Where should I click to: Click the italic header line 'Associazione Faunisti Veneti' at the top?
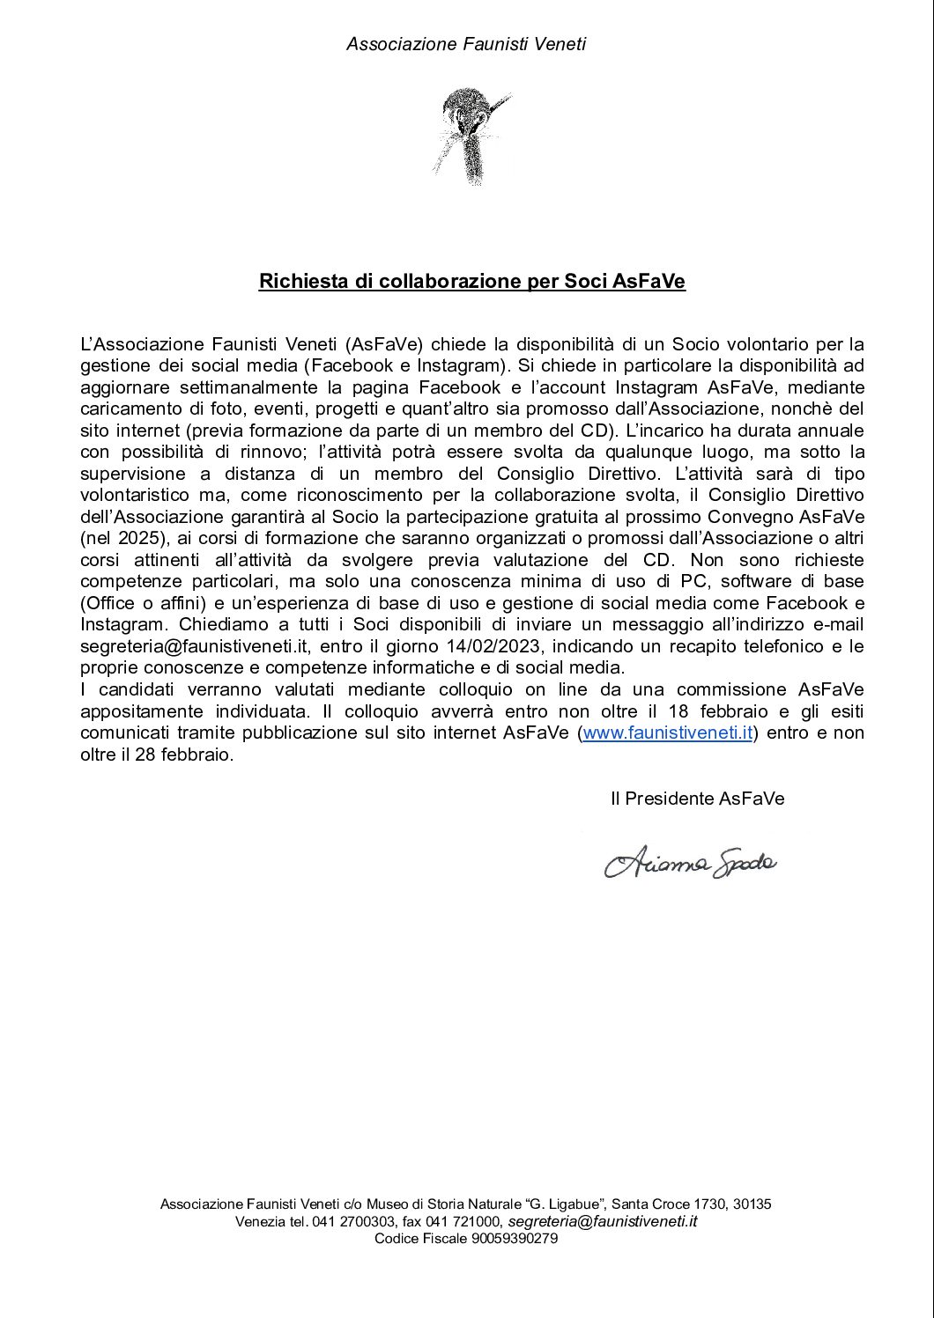coord(466,44)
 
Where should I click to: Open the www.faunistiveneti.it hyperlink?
coord(668,733)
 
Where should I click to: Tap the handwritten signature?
coord(690,863)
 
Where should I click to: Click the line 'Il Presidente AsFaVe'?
coord(697,799)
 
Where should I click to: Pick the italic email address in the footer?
coord(603,1221)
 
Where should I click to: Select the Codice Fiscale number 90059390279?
coord(515,1239)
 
